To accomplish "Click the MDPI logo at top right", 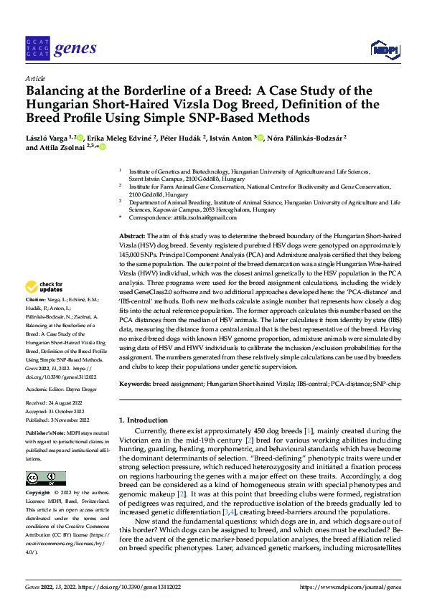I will pos(385,49).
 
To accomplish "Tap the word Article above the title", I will pos(34,78).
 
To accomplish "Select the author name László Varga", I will pos(50,137).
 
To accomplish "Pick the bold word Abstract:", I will pos(131,236).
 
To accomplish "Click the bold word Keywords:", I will pos(135,384).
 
